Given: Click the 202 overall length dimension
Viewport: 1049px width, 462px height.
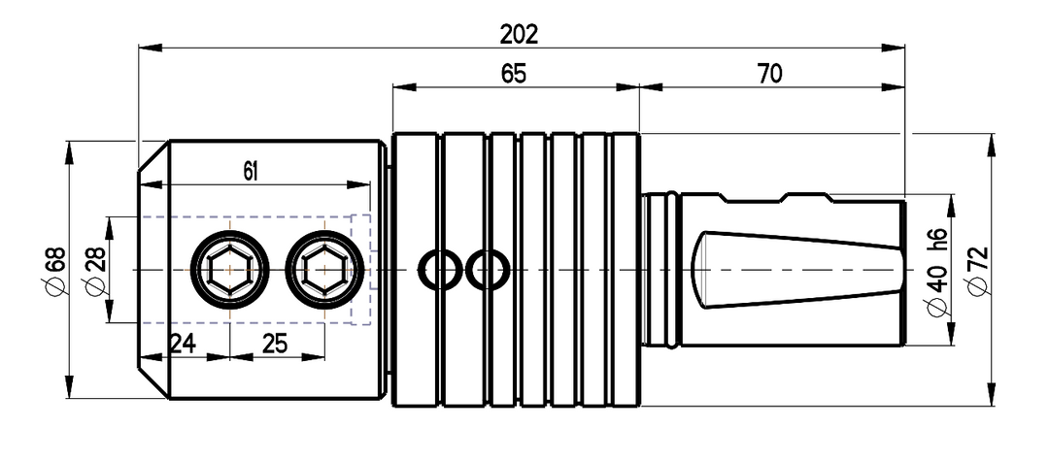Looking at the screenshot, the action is (x=519, y=34).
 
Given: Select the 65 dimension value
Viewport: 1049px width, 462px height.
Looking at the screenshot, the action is (x=513, y=74).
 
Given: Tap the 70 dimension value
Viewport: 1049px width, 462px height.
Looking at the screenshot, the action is (x=770, y=74).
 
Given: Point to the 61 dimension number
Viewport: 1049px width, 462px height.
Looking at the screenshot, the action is (x=250, y=173).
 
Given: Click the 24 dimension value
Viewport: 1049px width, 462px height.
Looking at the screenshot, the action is (x=182, y=344).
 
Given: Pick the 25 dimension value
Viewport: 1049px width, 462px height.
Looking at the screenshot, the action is (x=274, y=344).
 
